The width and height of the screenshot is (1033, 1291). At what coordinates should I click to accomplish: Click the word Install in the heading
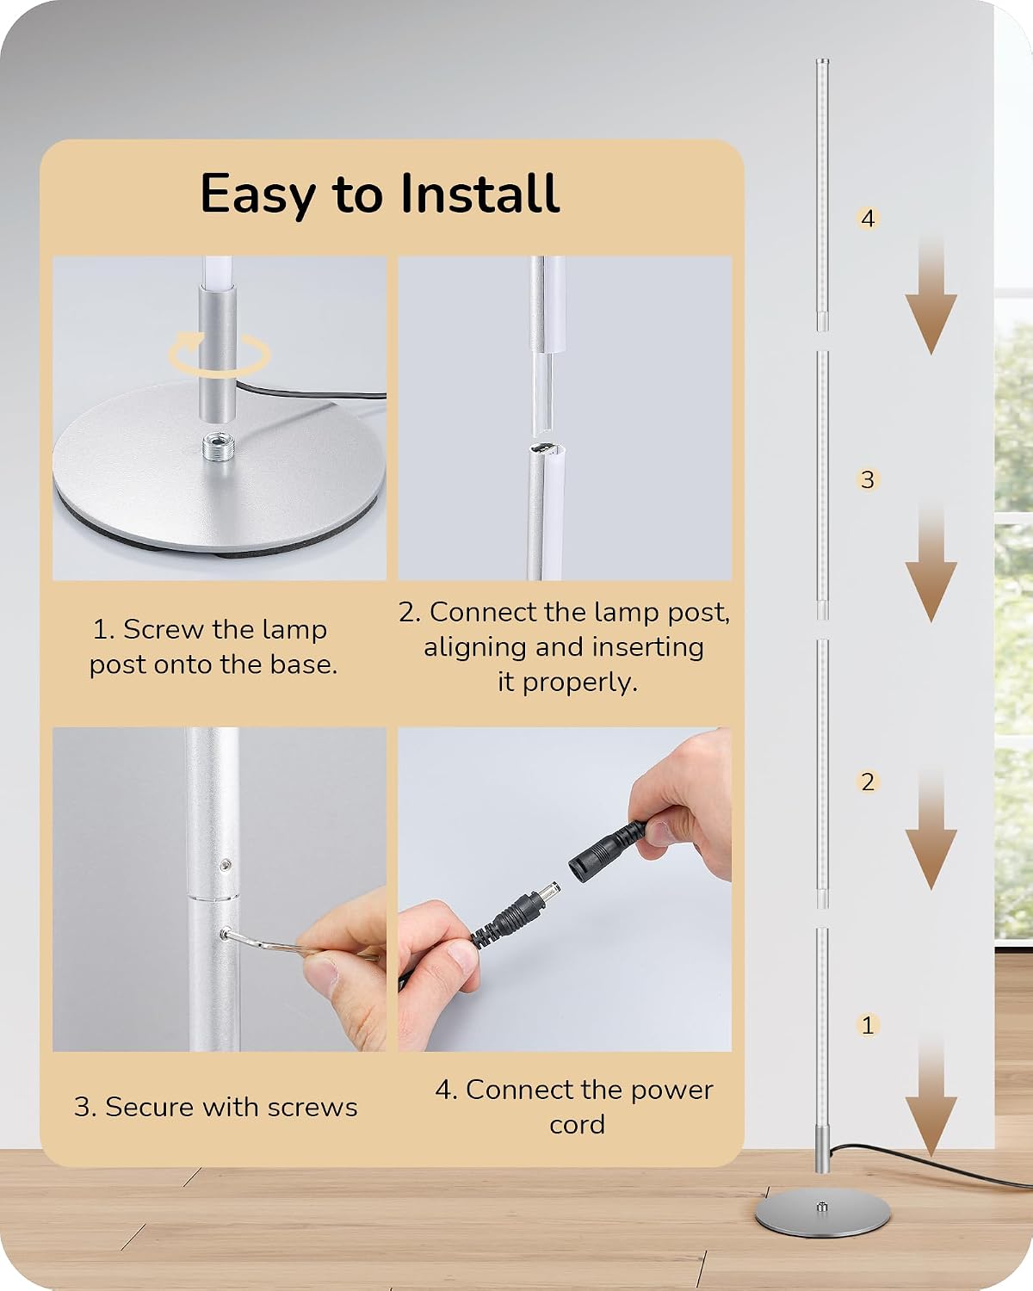pos(480,193)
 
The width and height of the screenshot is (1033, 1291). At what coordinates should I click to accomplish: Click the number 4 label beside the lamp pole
pos(868,219)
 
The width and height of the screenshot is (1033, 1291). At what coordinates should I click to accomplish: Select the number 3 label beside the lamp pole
pos(868,479)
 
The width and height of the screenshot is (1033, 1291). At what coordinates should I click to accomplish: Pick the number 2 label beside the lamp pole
pos(868,782)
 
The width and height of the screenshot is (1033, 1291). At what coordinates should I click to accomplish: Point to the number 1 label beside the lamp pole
pos(868,1025)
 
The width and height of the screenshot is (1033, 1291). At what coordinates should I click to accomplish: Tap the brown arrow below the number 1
pos(931,1098)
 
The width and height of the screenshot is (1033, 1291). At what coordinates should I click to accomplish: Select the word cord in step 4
pos(577,1125)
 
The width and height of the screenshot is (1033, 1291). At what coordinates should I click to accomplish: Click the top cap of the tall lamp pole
pos(822,62)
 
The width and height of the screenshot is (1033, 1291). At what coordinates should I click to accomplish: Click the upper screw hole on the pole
pos(225,864)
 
